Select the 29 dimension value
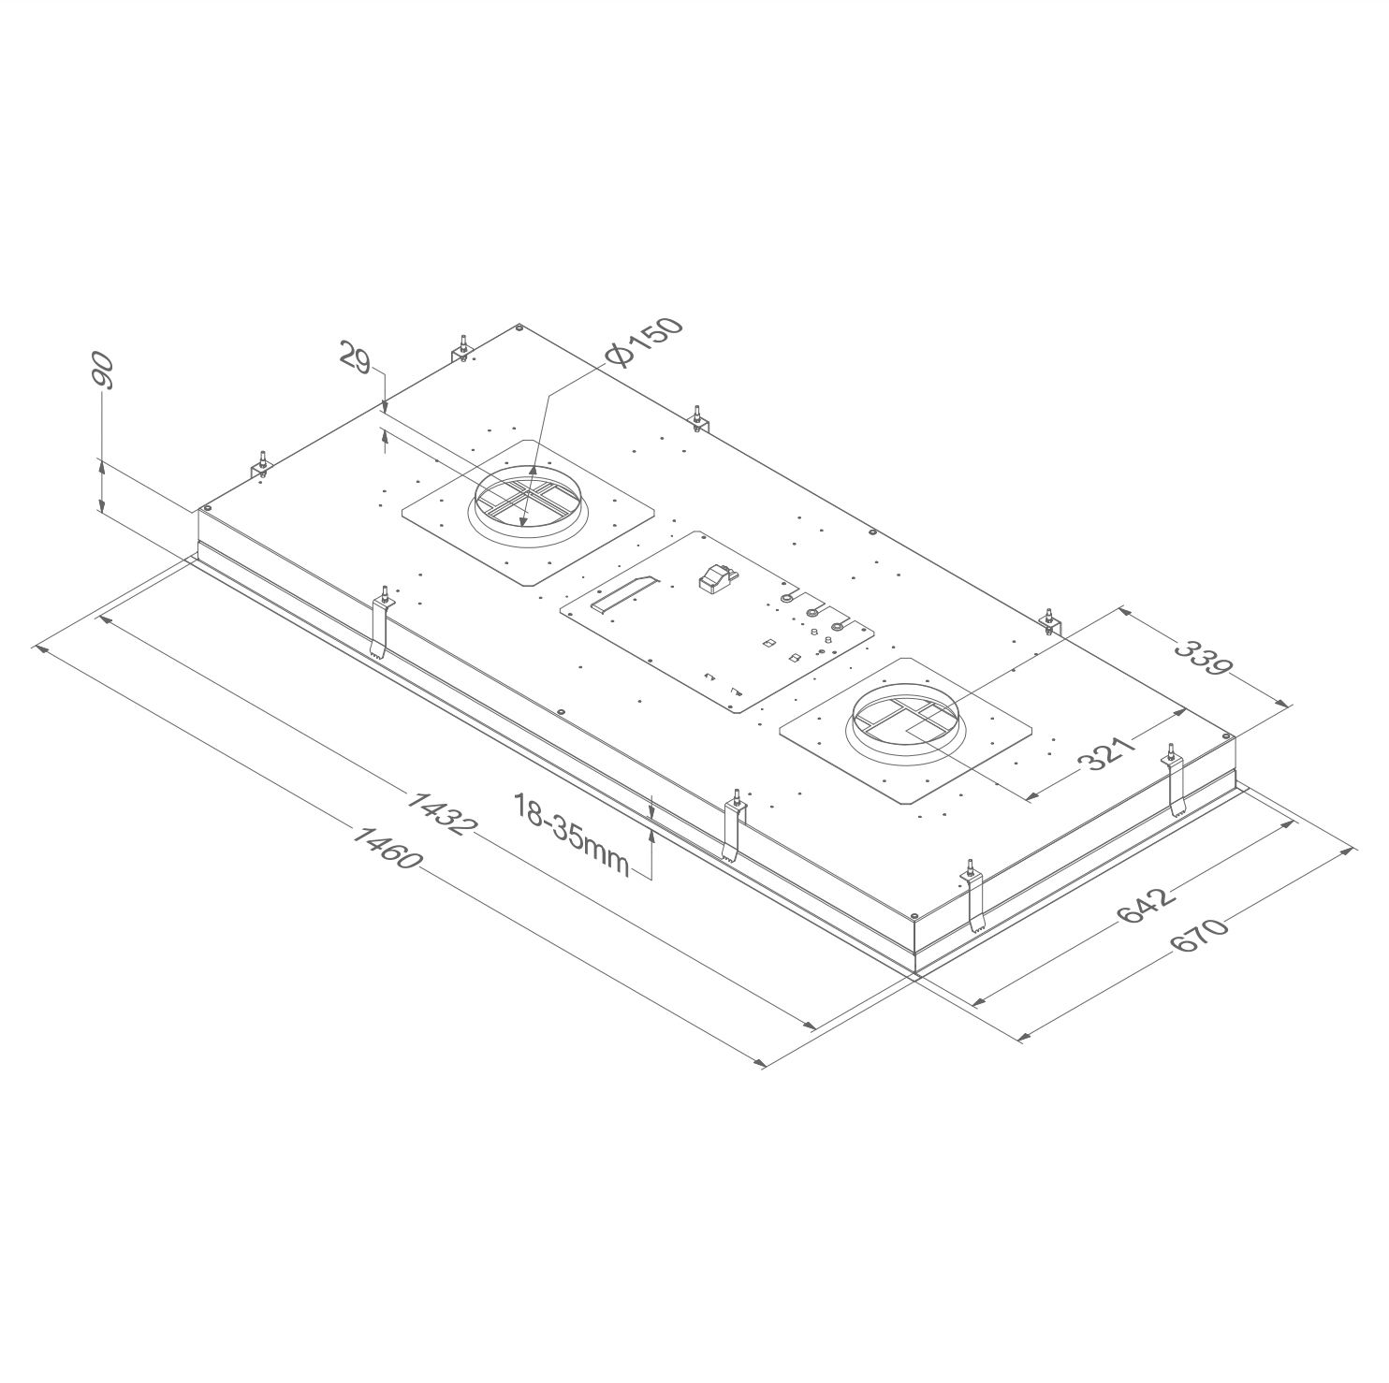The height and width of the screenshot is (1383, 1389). [x=357, y=359]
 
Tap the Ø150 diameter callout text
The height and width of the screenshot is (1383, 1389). [x=644, y=343]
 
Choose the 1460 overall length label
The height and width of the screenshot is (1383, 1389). [x=386, y=847]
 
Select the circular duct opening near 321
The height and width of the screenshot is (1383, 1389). [x=903, y=717]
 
